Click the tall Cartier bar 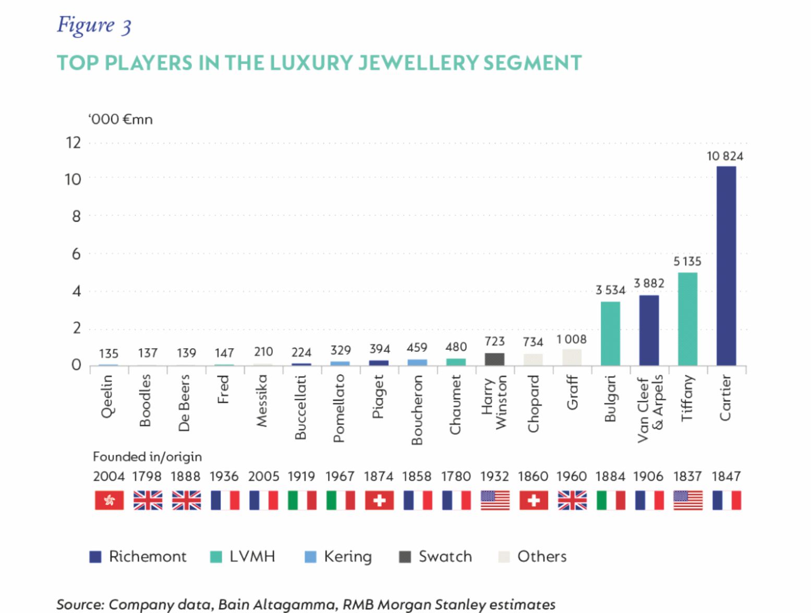coord(726,266)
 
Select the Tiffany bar coord(687,318)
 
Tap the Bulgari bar coord(610,333)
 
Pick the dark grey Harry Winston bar coord(494,359)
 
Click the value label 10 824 coord(724,156)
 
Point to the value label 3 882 coord(649,283)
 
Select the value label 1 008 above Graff coord(572,339)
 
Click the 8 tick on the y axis coord(76,216)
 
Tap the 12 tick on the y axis coord(74,142)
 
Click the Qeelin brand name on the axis coord(107,397)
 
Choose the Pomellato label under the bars coord(339,408)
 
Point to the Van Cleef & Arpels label coord(650,409)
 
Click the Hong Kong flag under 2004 coord(109,500)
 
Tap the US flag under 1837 coord(687,500)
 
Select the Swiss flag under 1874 coord(379,500)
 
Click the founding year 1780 coord(456,476)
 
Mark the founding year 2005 coord(263,476)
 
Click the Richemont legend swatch coord(95,557)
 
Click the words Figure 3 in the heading coord(94,25)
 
